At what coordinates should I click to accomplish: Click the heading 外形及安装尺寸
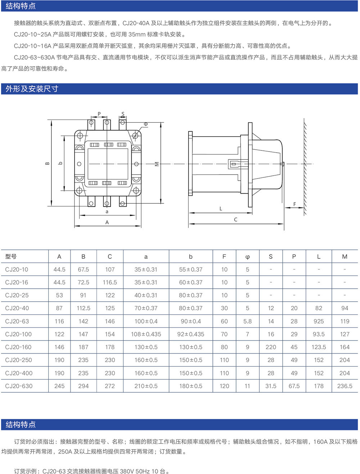[32, 89]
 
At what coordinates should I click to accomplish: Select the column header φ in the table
[247, 257]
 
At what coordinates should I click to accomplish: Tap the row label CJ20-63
[17, 321]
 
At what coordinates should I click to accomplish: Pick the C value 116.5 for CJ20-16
[110, 283]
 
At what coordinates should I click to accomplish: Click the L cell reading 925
[319, 321]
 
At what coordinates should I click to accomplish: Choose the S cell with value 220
[271, 347]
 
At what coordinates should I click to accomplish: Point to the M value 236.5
[345, 386]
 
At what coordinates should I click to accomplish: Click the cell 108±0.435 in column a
[146, 334]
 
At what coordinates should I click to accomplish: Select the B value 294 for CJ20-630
[83, 386]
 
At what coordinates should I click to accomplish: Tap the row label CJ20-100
[18, 334]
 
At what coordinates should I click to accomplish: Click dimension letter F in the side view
[294, 204]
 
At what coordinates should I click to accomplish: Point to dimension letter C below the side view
[235, 220]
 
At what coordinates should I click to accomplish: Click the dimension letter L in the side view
[221, 208]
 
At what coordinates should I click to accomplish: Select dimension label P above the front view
[99, 114]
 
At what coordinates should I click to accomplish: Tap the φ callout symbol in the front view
[146, 124]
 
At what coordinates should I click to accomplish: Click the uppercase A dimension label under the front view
[107, 222]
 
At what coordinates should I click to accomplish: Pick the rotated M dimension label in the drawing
[157, 164]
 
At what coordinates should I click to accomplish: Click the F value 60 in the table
[224, 321]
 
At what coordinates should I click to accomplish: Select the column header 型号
[11, 257]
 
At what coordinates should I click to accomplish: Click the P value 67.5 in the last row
[294, 386]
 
